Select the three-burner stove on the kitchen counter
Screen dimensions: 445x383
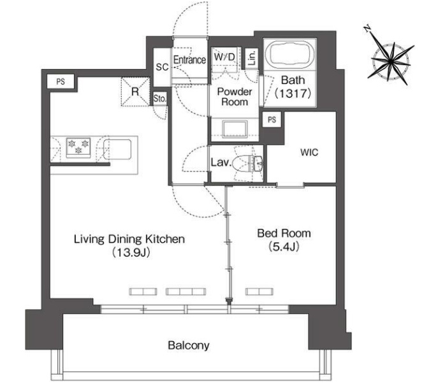pos(78,147)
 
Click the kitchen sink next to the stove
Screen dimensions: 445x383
pos(117,149)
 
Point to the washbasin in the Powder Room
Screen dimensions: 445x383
pos(235,129)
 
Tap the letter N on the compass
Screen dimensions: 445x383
pos(367,29)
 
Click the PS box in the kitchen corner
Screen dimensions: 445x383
pos(61,82)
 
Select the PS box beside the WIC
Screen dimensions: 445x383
pos(272,119)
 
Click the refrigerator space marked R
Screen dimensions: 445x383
pos(135,92)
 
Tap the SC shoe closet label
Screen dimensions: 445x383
pos(162,67)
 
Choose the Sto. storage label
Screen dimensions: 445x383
pos(159,98)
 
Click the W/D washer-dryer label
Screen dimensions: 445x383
pos(224,57)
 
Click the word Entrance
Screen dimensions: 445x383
pos(189,59)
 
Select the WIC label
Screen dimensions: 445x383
pos(309,152)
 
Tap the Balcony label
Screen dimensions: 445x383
pos(189,345)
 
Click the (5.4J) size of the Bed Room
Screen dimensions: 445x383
pos(284,247)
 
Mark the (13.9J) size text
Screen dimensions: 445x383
pos(130,252)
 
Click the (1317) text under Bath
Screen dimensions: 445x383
pos(293,93)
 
